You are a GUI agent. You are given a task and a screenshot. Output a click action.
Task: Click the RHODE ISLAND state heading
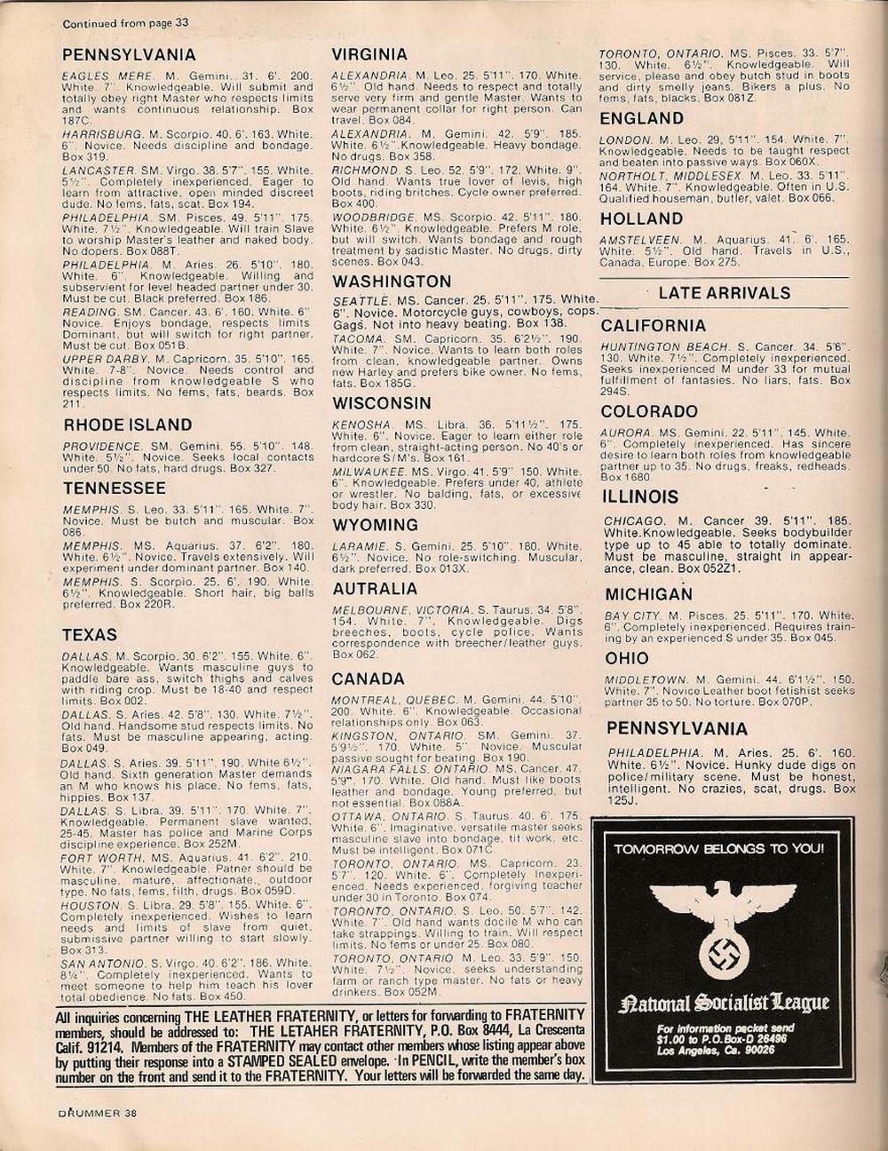click(127, 425)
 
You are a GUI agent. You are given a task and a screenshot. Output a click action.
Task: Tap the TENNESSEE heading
click(114, 488)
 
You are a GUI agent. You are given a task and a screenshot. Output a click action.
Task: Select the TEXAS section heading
click(89, 634)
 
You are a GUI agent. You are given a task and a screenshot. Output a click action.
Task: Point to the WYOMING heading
click(375, 525)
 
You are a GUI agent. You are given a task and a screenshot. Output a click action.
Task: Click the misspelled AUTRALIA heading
click(375, 589)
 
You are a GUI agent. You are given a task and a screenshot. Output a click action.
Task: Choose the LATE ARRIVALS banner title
click(724, 293)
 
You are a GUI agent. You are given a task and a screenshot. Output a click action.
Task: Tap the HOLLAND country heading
click(640, 218)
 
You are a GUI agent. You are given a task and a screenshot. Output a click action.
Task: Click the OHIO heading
click(627, 658)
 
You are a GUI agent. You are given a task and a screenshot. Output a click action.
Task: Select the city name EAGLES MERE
click(107, 76)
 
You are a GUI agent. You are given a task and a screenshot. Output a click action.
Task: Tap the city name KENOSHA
click(361, 425)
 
